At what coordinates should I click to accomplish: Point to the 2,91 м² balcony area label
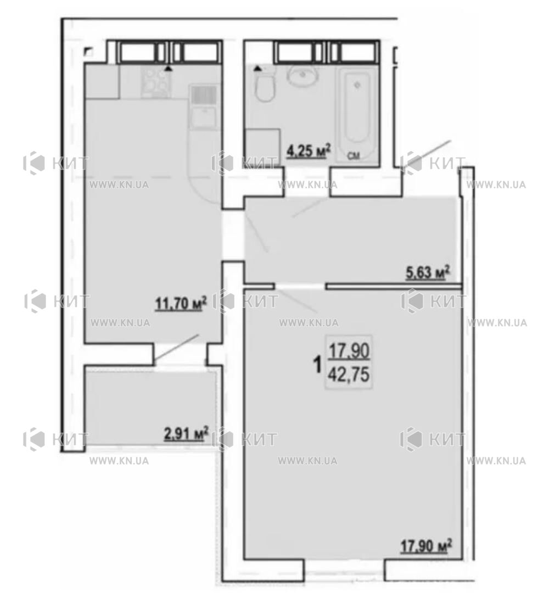[186, 434]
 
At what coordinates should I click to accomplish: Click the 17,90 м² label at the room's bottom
[426, 546]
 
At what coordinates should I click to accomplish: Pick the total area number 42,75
[349, 375]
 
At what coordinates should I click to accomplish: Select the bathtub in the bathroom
[357, 114]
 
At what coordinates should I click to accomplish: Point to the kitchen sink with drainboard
[204, 107]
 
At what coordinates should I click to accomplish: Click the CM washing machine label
[354, 156]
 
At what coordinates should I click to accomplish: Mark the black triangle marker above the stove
[168, 68]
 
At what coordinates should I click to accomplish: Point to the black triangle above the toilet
[257, 69]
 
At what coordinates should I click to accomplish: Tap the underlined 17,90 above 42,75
[349, 351]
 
